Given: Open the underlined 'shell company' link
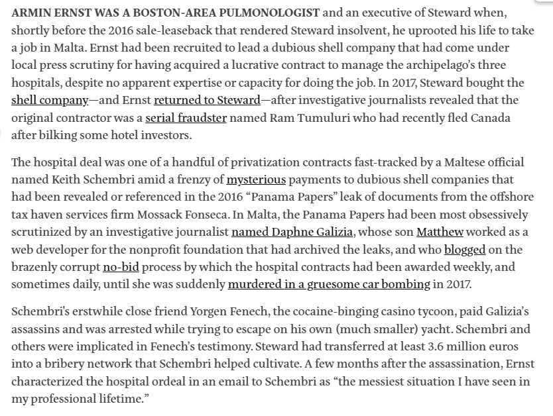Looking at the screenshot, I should (50, 100).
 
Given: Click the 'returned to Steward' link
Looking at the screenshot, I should (207, 100).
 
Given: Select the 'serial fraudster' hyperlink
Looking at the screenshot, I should (186, 117).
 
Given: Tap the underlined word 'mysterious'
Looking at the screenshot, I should (256, 180).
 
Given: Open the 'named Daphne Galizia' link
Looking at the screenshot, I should (292, 231).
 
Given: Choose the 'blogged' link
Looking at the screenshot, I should (465, 249).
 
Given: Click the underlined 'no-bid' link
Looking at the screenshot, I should (121, 266).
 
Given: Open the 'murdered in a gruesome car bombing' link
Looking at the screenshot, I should (329, 284).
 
